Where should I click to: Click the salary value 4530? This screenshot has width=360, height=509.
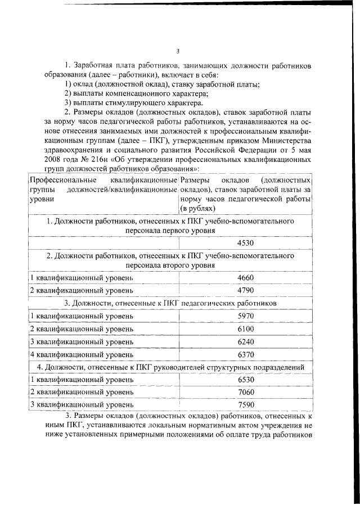(x=246, y=243)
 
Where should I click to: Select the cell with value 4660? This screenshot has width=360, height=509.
(x=246, y=278)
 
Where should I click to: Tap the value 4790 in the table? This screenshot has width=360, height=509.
(x=246, y=290)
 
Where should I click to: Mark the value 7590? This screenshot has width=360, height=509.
(x=246, y=405)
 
